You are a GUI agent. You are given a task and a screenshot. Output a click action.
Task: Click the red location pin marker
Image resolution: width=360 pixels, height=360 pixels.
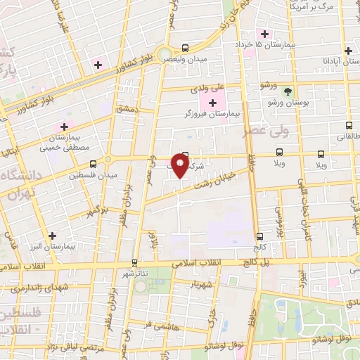click(x=181, y=165)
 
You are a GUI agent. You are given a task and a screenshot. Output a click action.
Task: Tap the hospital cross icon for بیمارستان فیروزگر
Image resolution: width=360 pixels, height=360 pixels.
click(x=212, y=103)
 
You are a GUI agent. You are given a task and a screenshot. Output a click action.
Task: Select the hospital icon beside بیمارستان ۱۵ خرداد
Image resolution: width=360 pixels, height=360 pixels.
click(x=264, y=34)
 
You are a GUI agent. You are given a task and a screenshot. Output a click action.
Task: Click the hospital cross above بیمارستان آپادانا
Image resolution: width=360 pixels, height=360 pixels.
click(x=348, y=51)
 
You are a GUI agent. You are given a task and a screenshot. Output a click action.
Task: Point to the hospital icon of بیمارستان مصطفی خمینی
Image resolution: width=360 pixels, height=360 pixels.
click(x=64, y=127)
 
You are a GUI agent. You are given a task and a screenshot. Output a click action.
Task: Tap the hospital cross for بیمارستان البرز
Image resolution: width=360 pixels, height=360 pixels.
click(x=51, y=236)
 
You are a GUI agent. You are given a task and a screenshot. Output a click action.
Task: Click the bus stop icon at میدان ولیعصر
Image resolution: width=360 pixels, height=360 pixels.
click(x=184, y=49)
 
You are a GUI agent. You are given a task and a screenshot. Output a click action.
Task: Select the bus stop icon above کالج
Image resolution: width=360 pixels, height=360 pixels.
click(x=259, y=236)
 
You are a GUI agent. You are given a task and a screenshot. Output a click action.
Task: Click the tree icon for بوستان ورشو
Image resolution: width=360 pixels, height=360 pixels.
click(x=286, y=91)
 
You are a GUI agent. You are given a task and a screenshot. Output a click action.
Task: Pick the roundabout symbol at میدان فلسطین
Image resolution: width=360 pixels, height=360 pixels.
click(x=109, y=159)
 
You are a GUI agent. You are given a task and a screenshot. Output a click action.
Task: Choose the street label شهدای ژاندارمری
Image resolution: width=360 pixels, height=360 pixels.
click(x=39, y=289)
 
